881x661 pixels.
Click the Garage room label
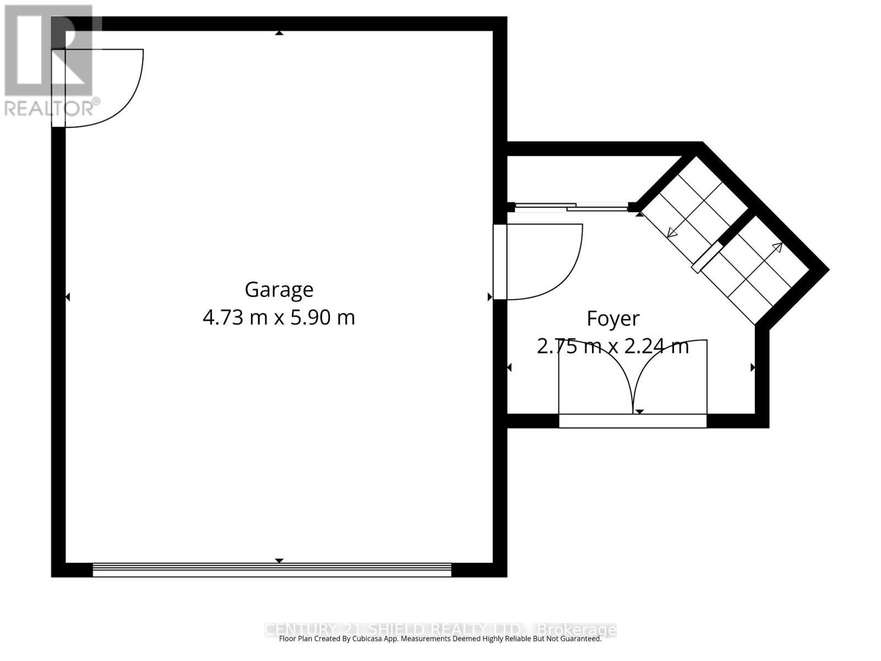coord(279,289)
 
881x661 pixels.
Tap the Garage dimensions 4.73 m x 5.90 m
coord(279,317)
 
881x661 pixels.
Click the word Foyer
coord(613,318)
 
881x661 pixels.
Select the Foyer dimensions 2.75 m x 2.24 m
coord(613,346)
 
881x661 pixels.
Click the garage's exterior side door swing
coord(110,88)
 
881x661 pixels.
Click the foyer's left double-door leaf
coord(595,380)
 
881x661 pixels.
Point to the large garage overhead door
coord(271,570)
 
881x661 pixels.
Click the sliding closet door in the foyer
coord(570,207)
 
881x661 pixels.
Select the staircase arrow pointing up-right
coord(777,247)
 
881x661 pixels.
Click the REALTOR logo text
coord(52,107)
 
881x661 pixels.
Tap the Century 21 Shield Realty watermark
coord(440,629)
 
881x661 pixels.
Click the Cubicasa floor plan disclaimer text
coord(440,639)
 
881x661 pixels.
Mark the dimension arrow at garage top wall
coord(279,33)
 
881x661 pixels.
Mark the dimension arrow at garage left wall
coord(68,297)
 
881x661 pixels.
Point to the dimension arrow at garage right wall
coord(490,297)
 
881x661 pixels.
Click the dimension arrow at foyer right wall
coord(752,367)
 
